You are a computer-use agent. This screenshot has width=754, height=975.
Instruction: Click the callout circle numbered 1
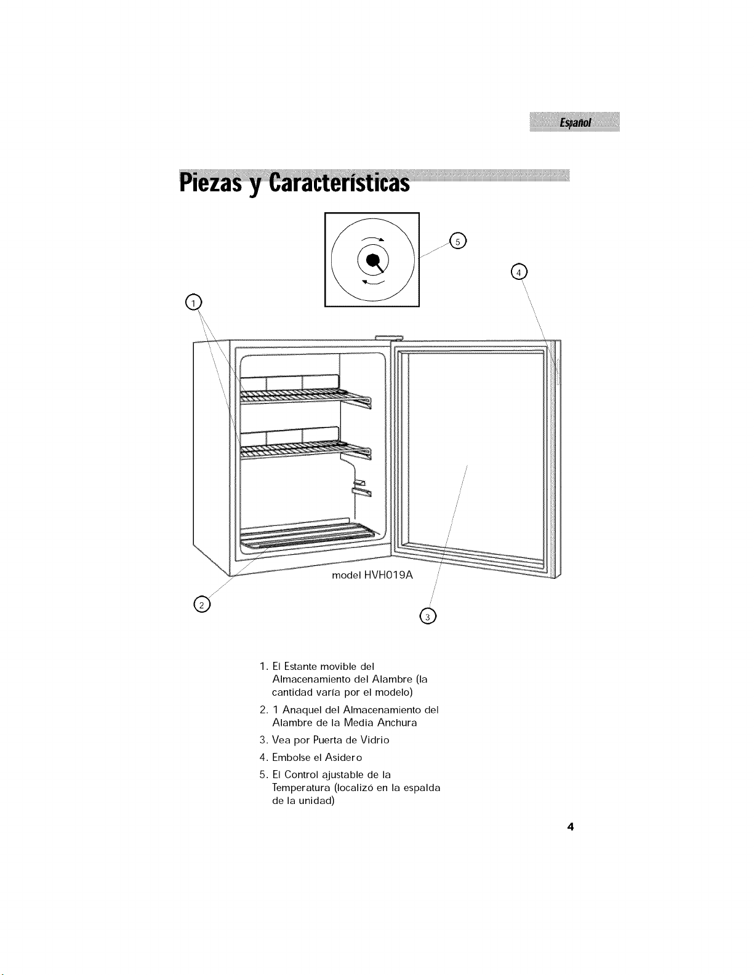click(193, 303)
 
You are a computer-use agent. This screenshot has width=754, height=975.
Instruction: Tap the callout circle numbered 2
click(202, 605)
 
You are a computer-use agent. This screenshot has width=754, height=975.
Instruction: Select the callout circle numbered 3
click(427, 616)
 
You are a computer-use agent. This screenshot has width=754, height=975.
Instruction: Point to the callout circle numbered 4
click(519, 272)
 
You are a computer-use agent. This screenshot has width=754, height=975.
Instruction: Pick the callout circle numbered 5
click(458, 241)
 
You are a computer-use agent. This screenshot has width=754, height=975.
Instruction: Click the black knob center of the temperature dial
click(372, 260)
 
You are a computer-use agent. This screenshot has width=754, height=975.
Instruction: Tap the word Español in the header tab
click(576, 122)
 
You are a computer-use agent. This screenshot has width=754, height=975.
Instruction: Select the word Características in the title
click(339, 183)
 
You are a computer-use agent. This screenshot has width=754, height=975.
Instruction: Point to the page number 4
click(571, 827)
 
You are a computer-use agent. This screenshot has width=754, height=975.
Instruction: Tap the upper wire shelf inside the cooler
click(305, 396)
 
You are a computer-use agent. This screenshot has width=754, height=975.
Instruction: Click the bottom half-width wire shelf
click(307, 534)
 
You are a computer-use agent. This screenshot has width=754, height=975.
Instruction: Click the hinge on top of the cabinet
click(389, 338)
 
